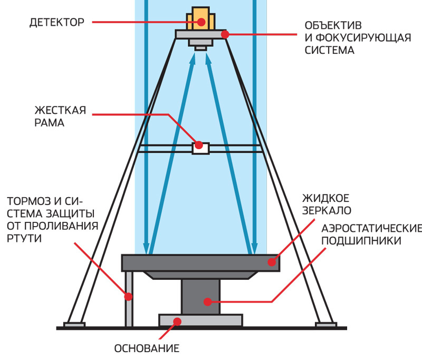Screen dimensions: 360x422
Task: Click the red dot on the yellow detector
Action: (201, 22)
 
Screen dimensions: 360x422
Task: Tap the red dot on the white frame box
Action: (199, 144)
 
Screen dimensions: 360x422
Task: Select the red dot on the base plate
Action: (178, 320)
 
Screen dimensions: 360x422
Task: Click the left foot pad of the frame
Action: (74, 324)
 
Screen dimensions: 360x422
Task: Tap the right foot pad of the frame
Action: (325, 324)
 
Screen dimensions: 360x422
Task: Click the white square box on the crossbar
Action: (200, 148)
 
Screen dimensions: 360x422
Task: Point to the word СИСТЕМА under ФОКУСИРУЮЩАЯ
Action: (329, 51)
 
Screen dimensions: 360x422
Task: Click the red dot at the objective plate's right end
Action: (225, 34)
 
